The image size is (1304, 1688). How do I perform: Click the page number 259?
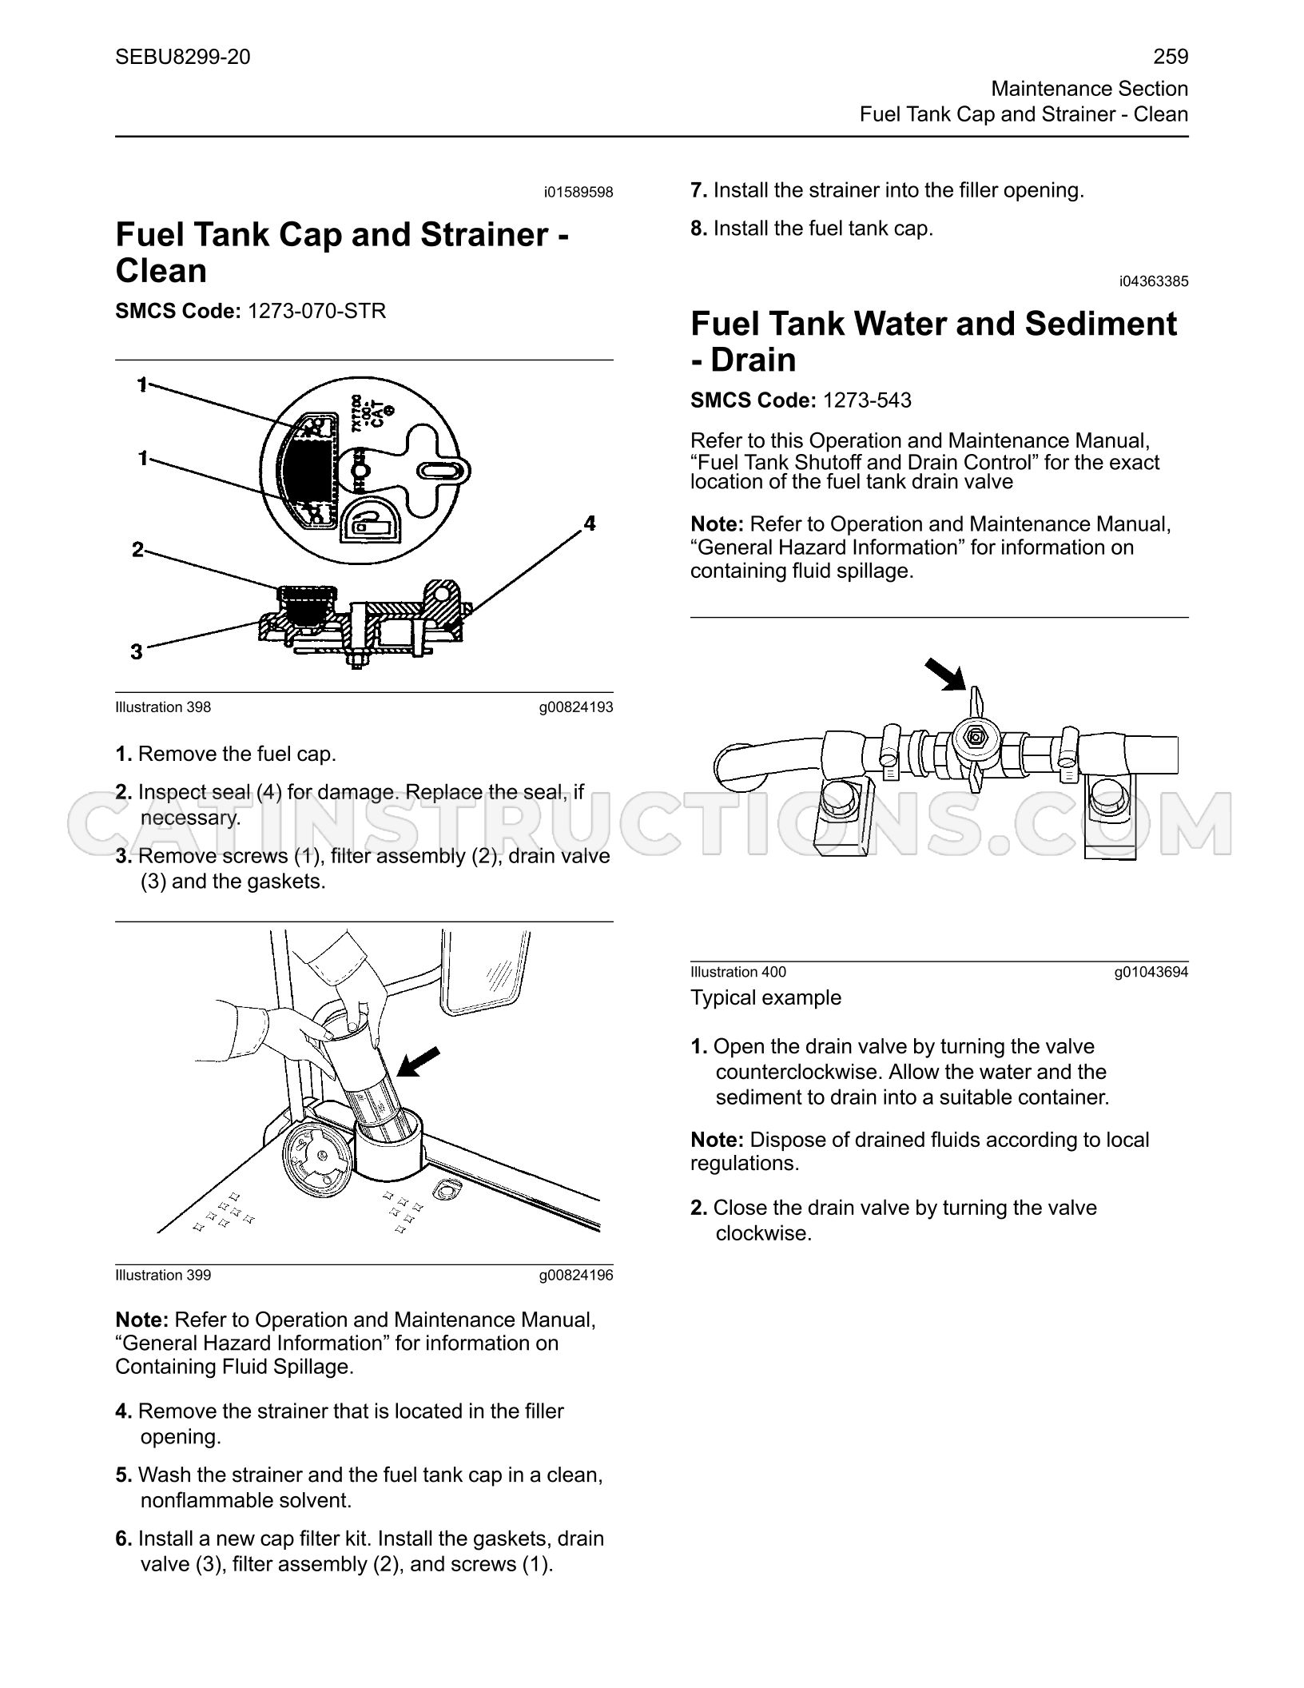point(1171,57)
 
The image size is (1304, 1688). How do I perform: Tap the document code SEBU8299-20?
point(183,57)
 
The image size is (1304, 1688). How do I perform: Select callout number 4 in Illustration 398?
point(589,524)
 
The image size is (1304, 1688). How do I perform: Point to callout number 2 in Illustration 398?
point(137,550)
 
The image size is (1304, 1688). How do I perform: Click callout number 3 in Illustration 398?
point(137,652)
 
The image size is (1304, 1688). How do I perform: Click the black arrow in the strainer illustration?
point(419,1061)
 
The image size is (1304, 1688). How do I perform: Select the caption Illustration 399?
point(163,1275)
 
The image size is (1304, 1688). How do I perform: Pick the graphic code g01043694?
point(1151,972)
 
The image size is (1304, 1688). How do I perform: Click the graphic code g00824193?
point(576,707)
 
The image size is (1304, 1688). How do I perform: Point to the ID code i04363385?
point(1154,281)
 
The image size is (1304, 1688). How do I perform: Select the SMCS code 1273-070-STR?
point(316,311)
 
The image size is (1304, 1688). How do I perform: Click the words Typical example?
point(765,997)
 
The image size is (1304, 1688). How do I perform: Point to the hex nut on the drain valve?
point(973,738)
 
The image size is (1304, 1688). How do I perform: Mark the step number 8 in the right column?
point(698,229)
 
